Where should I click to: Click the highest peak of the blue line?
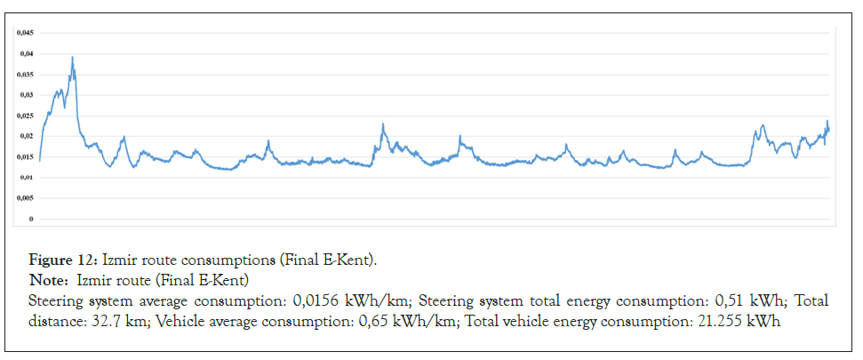coord(72,58)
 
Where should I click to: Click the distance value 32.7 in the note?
coord(102,321)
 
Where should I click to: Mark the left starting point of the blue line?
coord(39,161)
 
